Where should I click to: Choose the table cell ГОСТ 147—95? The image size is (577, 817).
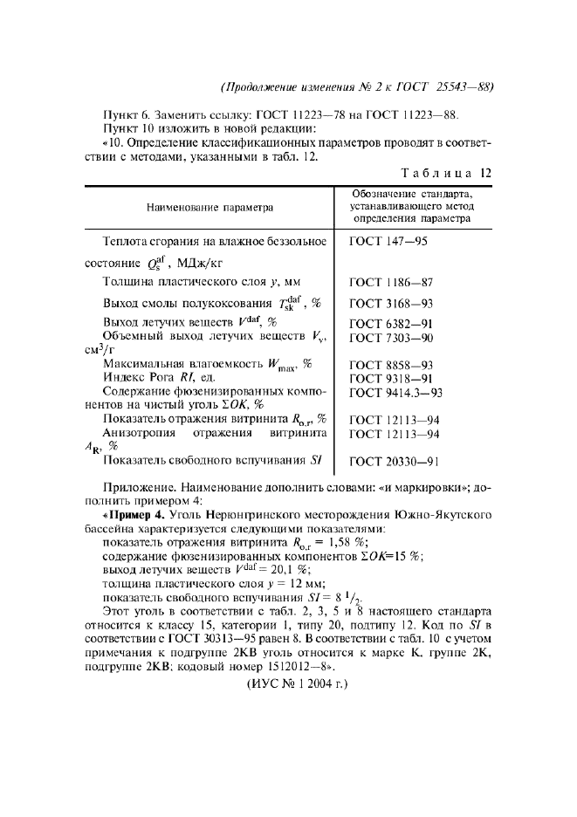(388, 240)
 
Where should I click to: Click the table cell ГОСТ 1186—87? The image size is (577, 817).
(391, 282)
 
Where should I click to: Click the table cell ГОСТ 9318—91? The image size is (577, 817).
(391, 378)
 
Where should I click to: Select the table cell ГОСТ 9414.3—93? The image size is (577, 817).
(396, 392)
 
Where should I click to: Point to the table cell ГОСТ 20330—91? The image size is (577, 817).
(395, 461)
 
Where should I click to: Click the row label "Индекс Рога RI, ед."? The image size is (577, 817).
(159, 378)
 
